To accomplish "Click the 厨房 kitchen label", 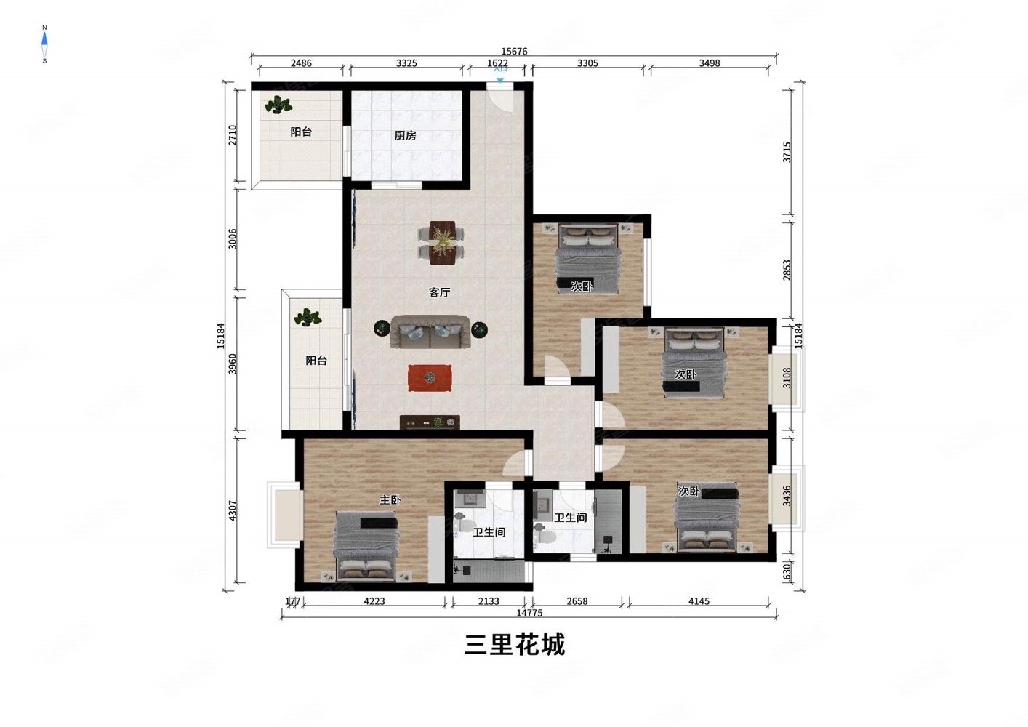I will [x=405, y=135].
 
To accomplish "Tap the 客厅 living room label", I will [x=439, y=292].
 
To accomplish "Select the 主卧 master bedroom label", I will [x=390, y=499].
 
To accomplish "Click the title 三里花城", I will [x=514, y=644].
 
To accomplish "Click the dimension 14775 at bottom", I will [x=529, y=613].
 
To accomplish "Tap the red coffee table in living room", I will [x=430, y=377].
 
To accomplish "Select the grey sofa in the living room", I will [x=430, y=332].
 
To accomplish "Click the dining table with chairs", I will [x=441, y=242].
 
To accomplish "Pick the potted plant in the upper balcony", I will [x=278, y=106].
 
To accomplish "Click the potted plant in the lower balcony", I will [x=308, y=318].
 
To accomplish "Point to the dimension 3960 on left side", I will [x=232, y=363].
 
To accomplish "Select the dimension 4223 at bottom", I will [x=374, y=601].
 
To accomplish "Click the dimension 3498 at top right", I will [x=709, y=63].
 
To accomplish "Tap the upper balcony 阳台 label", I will [x=301, y=132].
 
